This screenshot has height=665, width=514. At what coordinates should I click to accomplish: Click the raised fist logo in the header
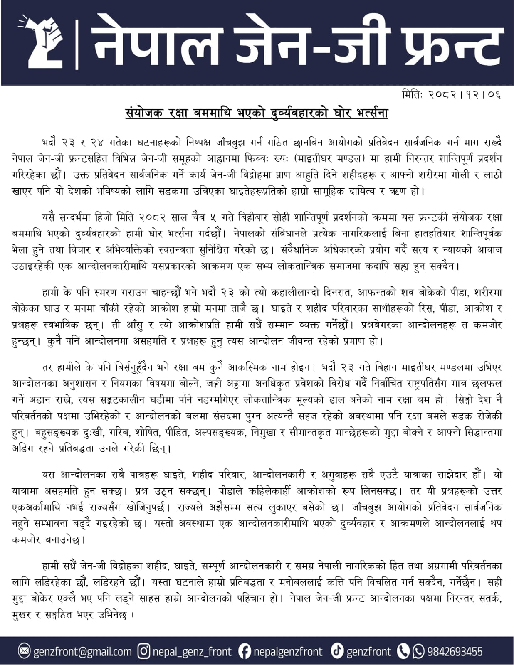[x=42, y=42]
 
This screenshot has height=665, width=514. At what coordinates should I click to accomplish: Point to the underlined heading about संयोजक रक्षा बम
[x=257, y=113]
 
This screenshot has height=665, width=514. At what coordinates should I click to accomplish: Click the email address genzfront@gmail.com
[x=82, y=651]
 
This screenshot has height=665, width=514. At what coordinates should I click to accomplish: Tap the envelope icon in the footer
[x=25, y=651]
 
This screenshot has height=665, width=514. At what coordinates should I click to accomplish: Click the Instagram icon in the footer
[x=143, y=651]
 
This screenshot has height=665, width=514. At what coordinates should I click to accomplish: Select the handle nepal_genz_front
[x=192, y=651]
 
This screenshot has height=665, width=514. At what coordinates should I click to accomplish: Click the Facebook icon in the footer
[x=245, y=651]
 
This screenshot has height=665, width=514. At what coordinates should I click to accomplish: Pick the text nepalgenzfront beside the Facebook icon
[x=288, y=651]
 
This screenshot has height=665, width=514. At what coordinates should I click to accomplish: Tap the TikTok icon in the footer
[x=337, y=651]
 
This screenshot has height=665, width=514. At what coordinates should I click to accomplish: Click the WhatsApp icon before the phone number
[x=418, y=651]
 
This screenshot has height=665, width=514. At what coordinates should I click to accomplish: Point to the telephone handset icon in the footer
[x=403, y=651]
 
